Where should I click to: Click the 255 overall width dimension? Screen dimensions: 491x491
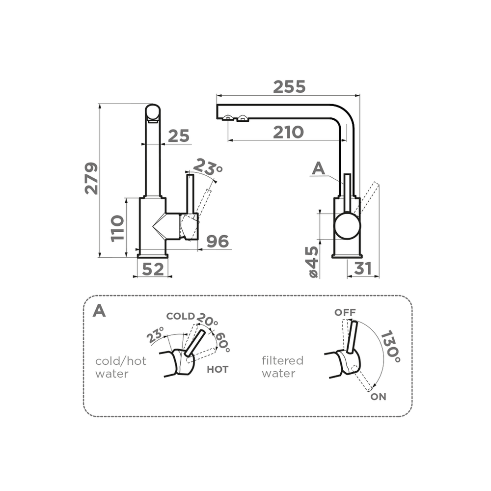coord(289,87)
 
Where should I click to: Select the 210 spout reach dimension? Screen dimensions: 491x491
coord(288,132)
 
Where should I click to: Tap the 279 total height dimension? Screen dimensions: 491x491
coord(91,179)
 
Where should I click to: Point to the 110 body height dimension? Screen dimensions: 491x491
coord(117,228)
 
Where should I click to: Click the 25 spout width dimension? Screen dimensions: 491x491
coord(179,136)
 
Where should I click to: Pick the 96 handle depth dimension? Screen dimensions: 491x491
coord(218,241)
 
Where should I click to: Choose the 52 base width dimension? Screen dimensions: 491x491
coord(153,269)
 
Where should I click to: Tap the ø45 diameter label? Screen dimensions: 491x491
coord(313,262)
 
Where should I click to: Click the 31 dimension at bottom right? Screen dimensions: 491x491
coord(363,269)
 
